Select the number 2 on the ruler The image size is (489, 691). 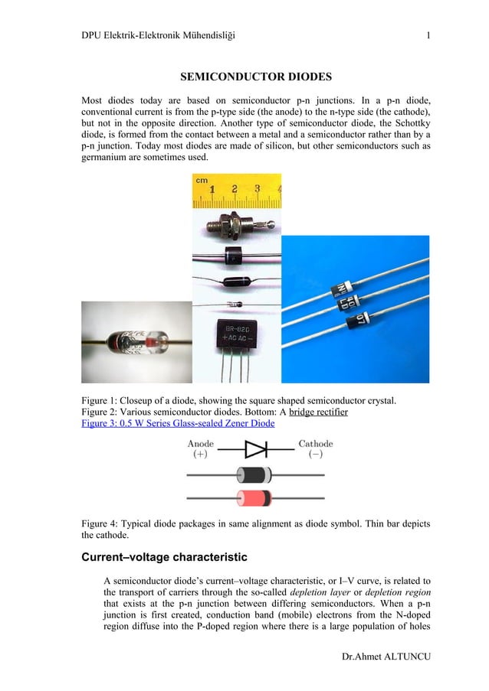click(x=234, y=188)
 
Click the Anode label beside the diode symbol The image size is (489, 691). click(x=201, y=444)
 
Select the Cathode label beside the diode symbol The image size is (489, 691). click(x=315, y=444)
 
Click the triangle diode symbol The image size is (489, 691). click(x=254, y=448)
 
